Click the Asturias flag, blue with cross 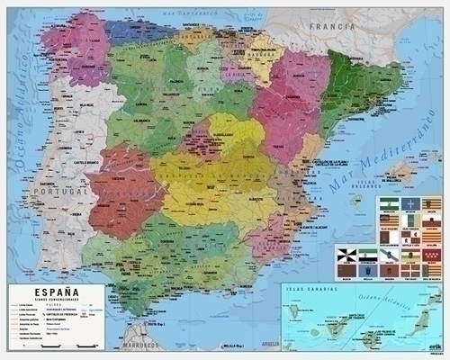(x=409, y=205)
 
